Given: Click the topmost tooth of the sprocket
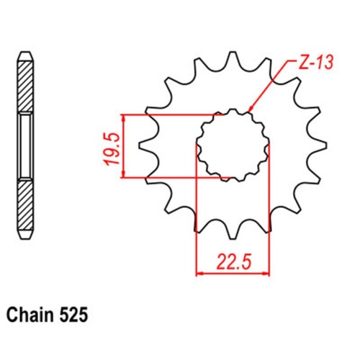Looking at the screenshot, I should pos(232,59).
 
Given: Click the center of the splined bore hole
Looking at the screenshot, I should pos(233,144).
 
